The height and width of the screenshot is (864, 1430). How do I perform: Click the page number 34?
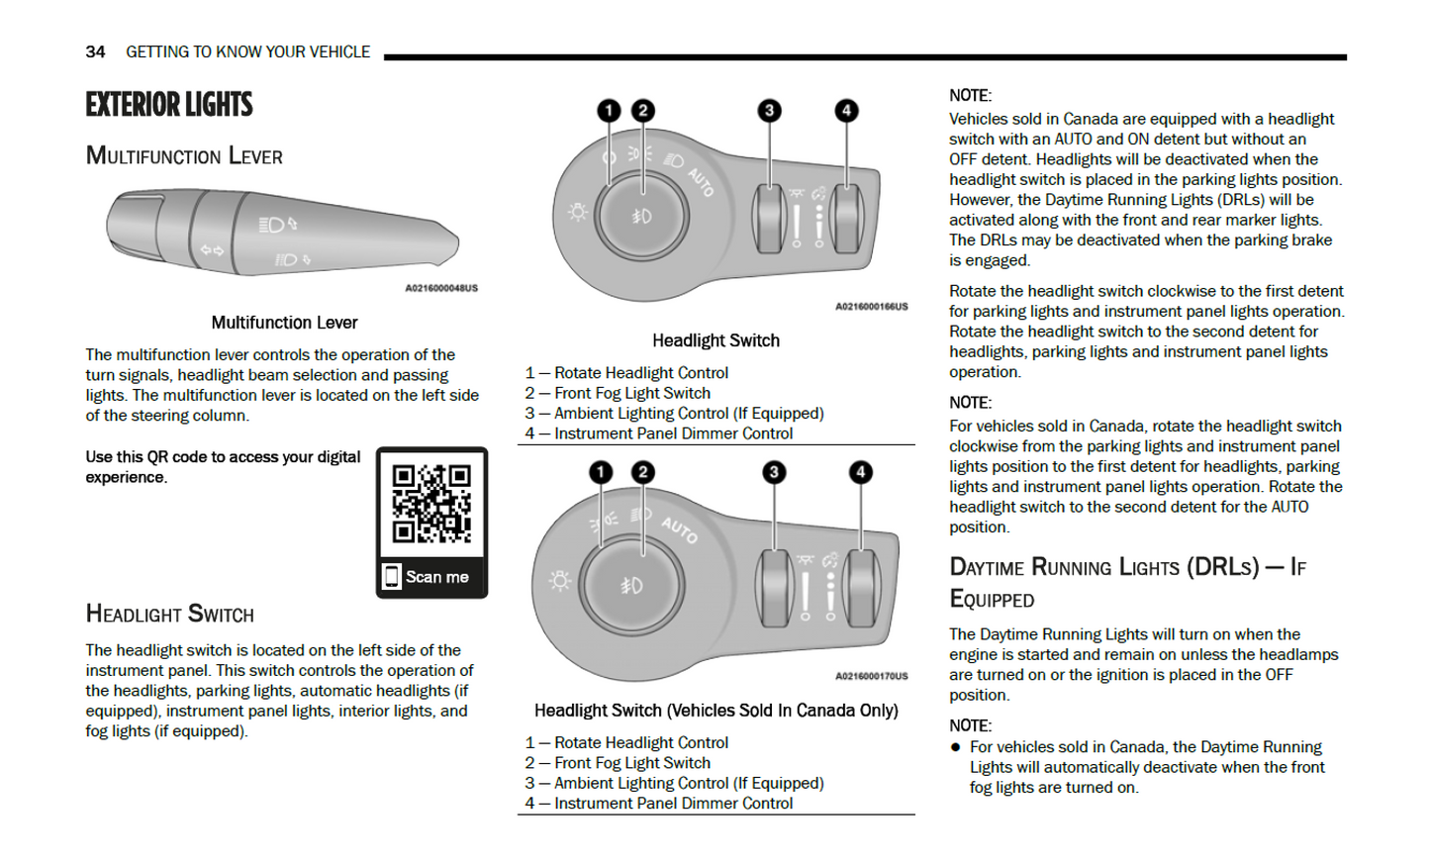[x=95, y=51]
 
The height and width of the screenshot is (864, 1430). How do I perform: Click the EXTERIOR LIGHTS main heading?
[x=169, y=105]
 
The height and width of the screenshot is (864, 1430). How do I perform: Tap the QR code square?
[x=431, y=504]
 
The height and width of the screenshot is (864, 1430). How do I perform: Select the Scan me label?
[x=436, y=577]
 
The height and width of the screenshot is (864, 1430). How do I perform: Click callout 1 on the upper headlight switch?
[x=609, y=111]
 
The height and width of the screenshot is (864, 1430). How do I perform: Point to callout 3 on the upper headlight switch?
[x=769, y=111]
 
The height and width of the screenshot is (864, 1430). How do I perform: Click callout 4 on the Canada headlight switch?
[x=861, y=472]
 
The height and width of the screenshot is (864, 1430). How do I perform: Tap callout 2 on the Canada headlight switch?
[x=643, y=472]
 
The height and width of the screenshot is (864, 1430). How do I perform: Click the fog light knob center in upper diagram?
[x=641, y=216]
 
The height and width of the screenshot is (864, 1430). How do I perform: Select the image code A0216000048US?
[x=441, y=288]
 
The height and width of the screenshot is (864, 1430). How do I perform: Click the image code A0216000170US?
[x=871, y=676]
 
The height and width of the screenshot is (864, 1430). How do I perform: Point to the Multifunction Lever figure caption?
[x=284, y=323]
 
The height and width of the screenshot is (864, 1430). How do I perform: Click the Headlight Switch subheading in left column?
[x=170, y=615]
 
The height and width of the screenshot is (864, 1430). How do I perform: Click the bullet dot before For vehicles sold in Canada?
[x=956, y=747]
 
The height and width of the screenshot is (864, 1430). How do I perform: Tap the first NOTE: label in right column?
[x=970, y=96]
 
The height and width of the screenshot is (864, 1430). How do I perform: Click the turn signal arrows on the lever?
[x=212, y=250]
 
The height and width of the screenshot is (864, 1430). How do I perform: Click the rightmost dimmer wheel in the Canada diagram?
[x=861, y=588]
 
